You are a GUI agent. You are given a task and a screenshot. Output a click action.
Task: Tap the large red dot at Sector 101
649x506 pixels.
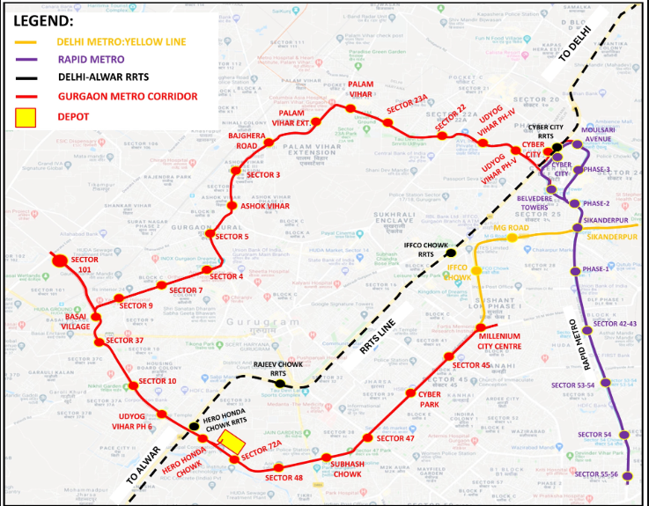[60, 260]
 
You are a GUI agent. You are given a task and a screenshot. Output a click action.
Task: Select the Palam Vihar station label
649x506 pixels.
[361, 89]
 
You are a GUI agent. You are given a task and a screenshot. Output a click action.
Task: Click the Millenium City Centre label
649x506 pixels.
[498, 341]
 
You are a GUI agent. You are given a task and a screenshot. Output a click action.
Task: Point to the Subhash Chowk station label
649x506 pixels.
[345, 466]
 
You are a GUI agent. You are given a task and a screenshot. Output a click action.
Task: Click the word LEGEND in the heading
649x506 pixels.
[43, 18]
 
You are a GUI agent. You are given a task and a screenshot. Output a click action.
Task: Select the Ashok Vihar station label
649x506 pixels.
[265, 206]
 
